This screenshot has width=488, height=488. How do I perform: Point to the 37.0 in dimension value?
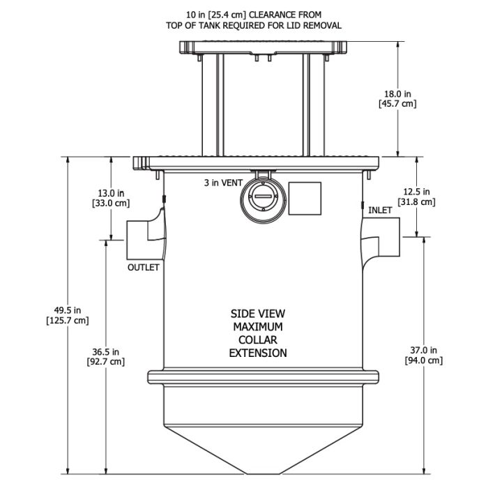[x=423, y=349]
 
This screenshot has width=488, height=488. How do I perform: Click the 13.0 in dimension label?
[x=111, y=192]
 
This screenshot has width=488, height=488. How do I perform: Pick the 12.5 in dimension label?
[x=416, y=192]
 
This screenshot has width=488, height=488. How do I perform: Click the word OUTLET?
[x=143, y=267]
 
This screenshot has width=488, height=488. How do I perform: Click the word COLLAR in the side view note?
[x=258, y=340]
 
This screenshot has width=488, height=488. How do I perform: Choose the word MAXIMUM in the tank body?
[x=258, y=326]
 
